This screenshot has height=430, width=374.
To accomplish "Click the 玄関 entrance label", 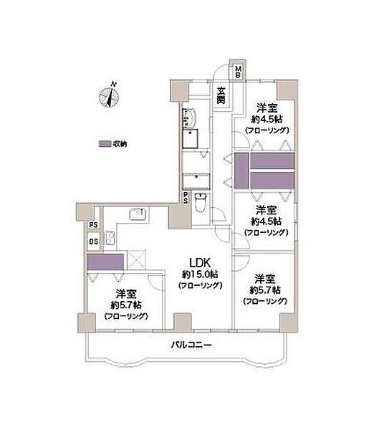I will click(222, 95).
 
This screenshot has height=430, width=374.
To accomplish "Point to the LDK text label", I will click(199, 262).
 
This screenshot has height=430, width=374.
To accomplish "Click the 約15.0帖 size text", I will click(200, 274).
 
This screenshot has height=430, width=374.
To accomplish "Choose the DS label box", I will click(93, 242).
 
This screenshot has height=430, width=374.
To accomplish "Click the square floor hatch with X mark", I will click(135, 260).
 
